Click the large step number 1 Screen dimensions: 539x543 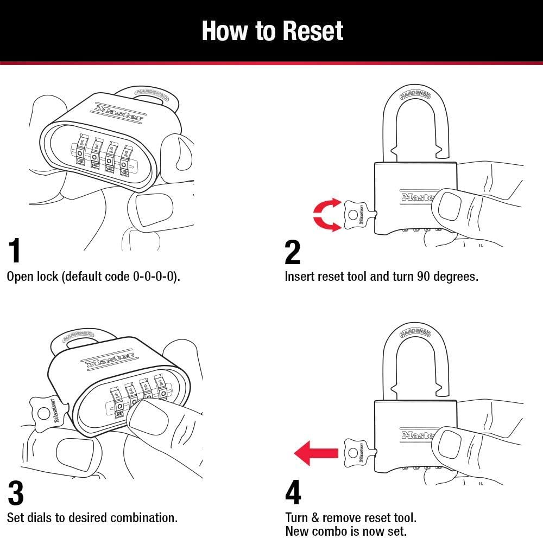pyautogui.click(x=15, y=251)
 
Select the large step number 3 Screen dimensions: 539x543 pyautogui.click(x=16, y=493)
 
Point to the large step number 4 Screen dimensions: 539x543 pyautogui.click(x=293, y=493)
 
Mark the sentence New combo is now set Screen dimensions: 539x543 pyautogui.click(x=345, y=531)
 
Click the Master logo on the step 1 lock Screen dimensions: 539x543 pyautogui.click(x=119, y=111)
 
